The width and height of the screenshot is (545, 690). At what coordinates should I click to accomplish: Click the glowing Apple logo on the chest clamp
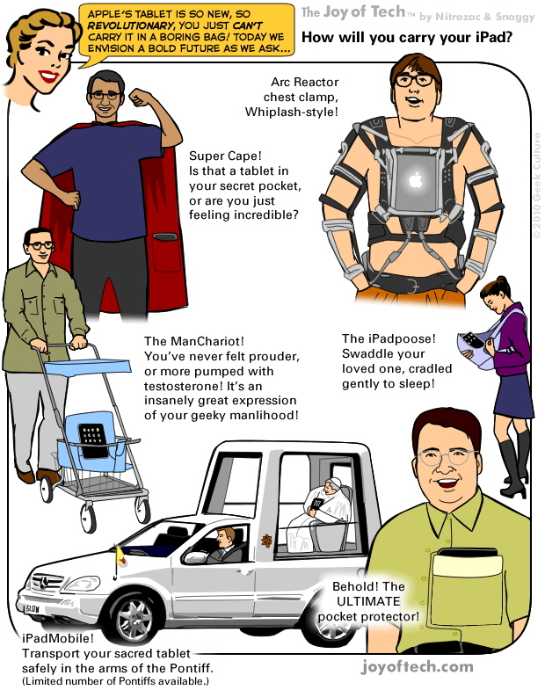pyautogui.click(x=415, y=182)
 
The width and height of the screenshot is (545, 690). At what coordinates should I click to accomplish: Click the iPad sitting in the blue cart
pyautogui.click(x=91, y=434)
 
